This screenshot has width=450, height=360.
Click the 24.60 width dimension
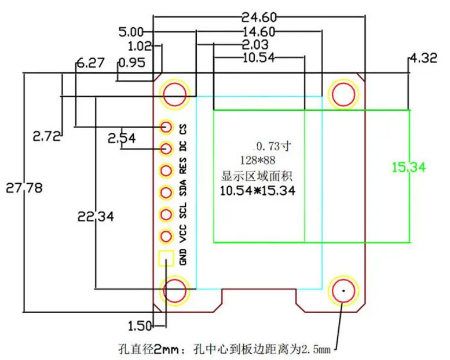[259, 17]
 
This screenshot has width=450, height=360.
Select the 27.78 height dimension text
[24, 188]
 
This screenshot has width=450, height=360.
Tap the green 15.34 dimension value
[409, 167]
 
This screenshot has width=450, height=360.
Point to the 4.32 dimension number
[423, 58]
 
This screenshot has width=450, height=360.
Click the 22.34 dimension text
[96, 216]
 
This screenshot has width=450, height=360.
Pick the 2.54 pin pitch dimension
[122, 139]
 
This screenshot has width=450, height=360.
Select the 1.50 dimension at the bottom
[140, 326]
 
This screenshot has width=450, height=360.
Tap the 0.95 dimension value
[131, 63]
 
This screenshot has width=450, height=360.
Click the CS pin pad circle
[166, 127]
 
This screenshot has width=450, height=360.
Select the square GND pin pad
[166, 259]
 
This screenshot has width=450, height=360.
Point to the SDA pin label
[182, 188]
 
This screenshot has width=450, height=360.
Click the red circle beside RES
[166, 171]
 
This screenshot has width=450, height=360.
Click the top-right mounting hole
[343, 94]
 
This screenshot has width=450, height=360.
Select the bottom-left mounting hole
[174, 290]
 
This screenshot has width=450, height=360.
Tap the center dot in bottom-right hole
[343, 290]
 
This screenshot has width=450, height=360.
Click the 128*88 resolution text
[257, 161]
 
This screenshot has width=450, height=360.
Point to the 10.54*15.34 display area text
[257, 191]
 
